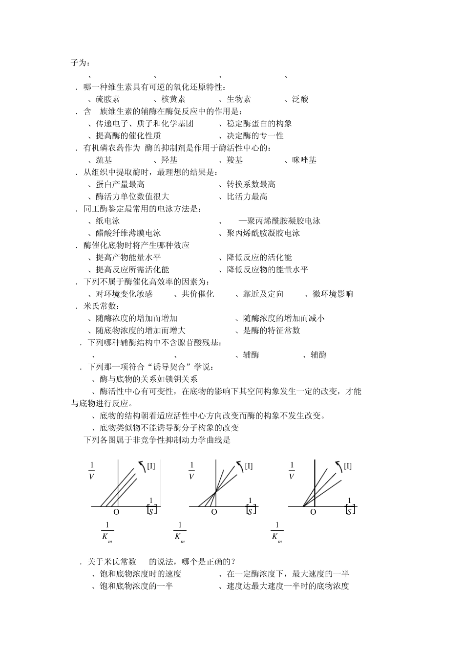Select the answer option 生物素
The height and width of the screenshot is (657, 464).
(x=238, y=99)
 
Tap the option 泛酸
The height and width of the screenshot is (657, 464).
(x=300, y=99)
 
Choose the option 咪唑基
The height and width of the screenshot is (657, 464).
(x=304, y=160)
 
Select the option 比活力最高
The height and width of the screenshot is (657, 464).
(x=247, y=197)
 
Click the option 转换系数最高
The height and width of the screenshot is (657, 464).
(x=251, y=184)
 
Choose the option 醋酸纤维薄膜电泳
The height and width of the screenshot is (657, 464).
(x=128, y=233)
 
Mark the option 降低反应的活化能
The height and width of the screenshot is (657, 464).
(x=259, y=257)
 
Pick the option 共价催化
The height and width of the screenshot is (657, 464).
(x=197, y=294)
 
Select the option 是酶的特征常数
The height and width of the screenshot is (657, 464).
(x=272, y=330)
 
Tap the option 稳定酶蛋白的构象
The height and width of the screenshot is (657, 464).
(x=259, y=124)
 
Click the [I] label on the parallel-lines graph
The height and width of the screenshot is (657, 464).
(x=151, y=466)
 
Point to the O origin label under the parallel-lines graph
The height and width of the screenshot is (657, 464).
(x=116, y=512)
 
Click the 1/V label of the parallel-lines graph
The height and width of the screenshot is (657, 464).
(x=92, y=470)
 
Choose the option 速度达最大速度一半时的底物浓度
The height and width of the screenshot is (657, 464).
(x=288, y=586)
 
